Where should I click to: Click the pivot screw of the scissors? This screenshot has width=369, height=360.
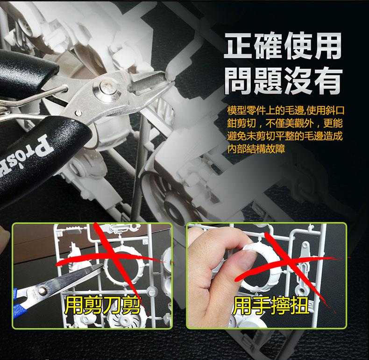click(x=42, y=291)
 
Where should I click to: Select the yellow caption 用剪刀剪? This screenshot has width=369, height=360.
click(x=103, y=306)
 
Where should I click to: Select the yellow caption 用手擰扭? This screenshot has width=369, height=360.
click(x=270, y=306)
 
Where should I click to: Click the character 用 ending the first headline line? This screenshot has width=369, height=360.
click(x=326, y=46)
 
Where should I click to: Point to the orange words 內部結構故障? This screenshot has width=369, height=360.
click(x=256, y=149)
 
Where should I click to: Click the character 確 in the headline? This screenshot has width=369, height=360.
click(x=268, y=46)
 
